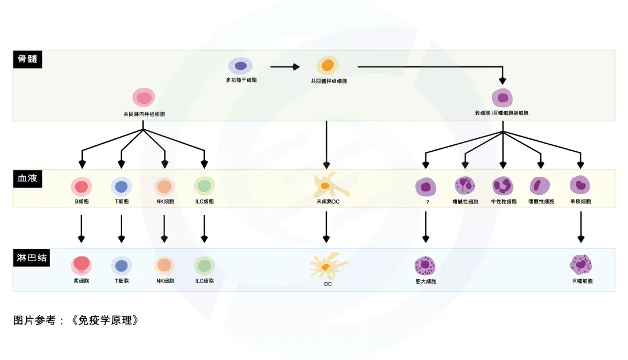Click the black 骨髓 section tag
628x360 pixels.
(27, 59)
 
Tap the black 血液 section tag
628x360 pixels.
(27, 179)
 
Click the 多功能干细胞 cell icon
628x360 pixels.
(240, 66)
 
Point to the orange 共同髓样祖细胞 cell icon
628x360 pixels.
(328, 65)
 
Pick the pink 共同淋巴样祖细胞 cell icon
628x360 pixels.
(144, 98)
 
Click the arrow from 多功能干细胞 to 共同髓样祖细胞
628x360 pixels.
(284, 67)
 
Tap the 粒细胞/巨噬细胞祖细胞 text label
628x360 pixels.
(502, 113)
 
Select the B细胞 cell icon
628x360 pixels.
(81, 187)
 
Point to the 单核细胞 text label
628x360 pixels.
(580, 202)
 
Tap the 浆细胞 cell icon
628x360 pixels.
(81, 265)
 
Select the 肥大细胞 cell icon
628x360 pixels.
(425, 266)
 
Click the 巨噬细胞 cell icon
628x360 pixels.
(581, 265)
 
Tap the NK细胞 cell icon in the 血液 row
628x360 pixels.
(165, 187)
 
